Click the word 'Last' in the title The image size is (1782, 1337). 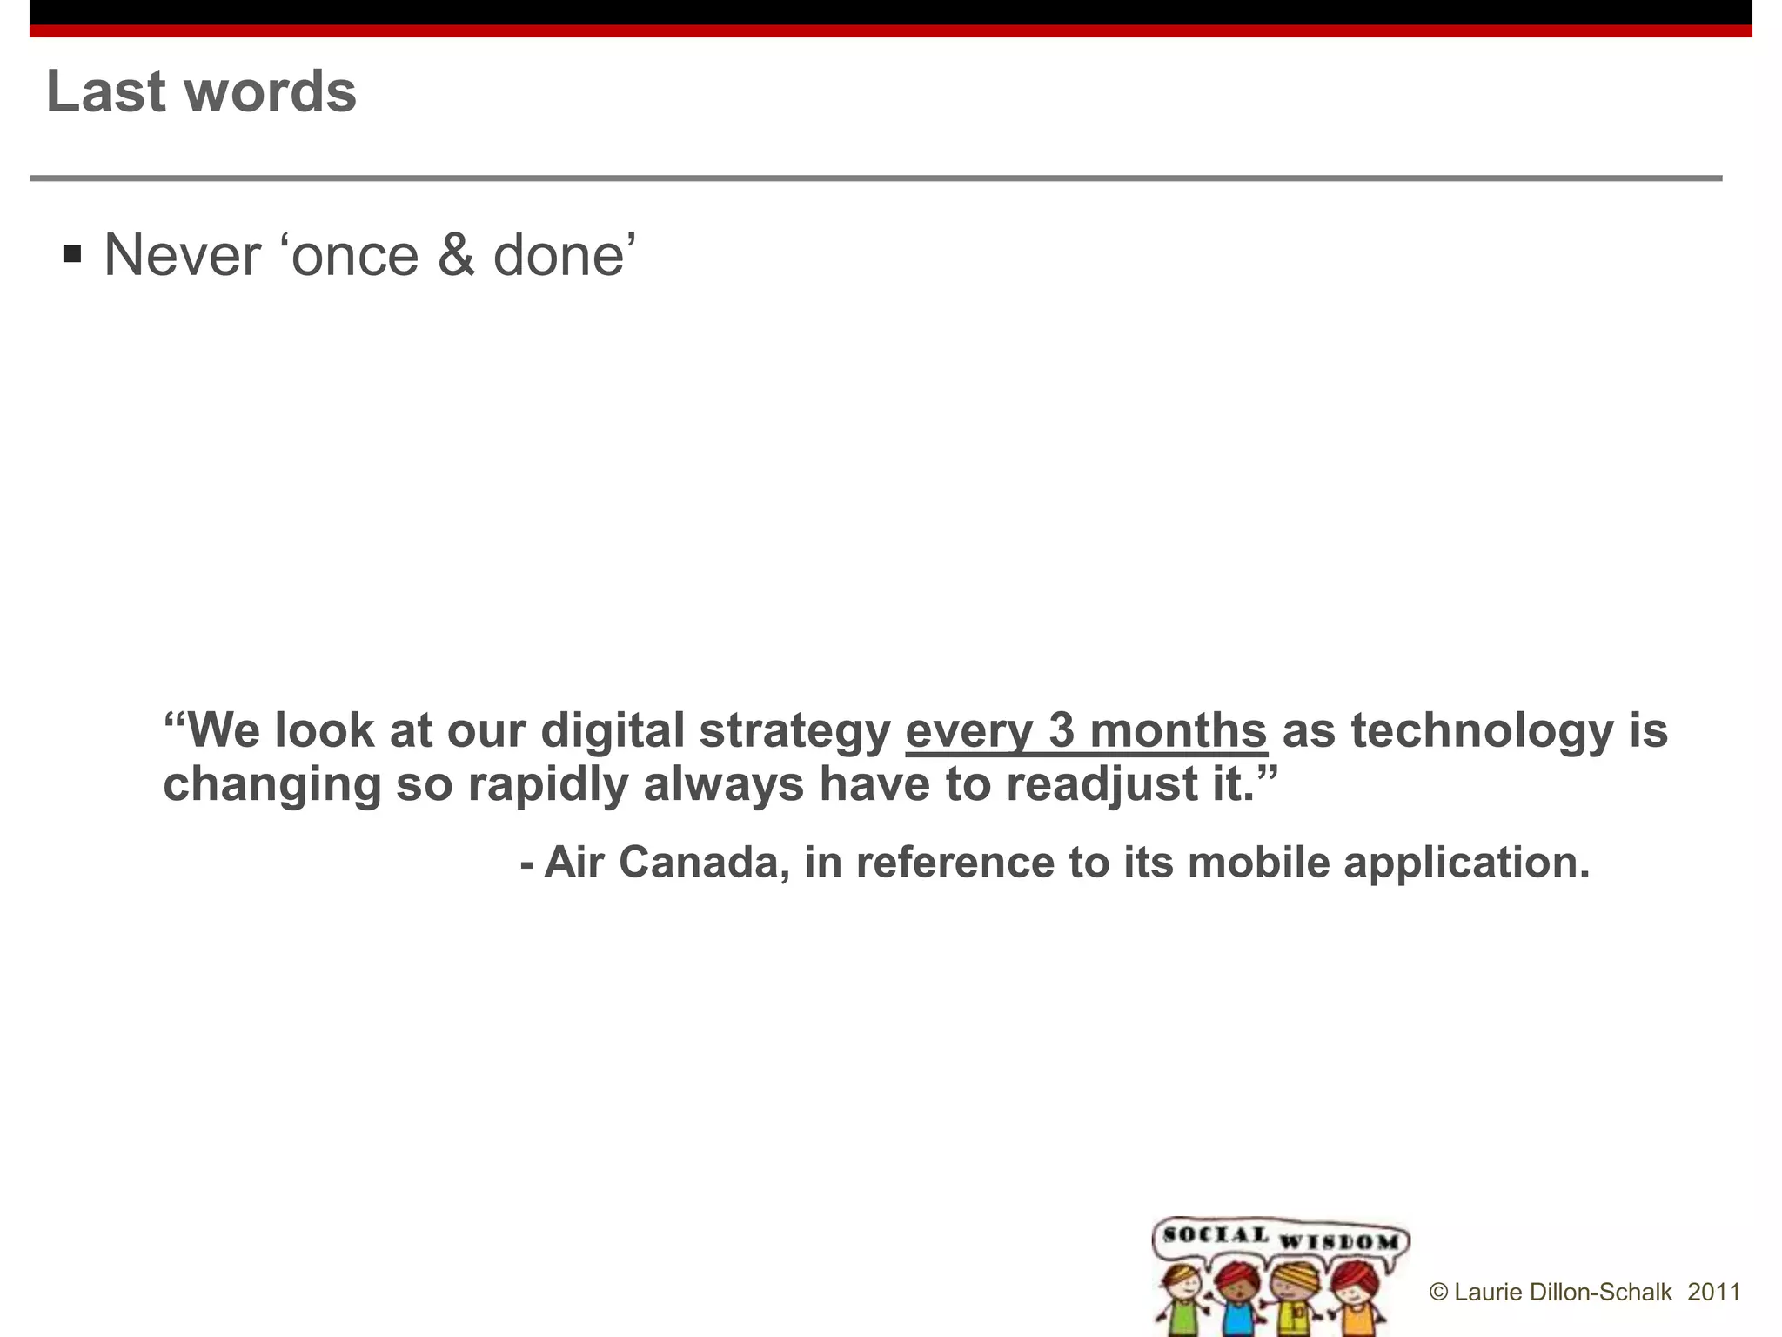105,91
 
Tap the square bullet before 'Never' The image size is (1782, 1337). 72,255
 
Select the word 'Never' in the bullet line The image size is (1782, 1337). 182,256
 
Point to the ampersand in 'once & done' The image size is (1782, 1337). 456,256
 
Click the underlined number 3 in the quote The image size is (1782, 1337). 1062,729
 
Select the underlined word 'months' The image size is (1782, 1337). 1178,729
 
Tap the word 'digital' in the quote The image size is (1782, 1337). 613,729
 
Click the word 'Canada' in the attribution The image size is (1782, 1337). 704,863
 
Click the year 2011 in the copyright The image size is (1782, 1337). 1713,1293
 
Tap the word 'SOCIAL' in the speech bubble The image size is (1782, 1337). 1216,1234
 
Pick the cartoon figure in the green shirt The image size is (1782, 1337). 1179,1302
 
